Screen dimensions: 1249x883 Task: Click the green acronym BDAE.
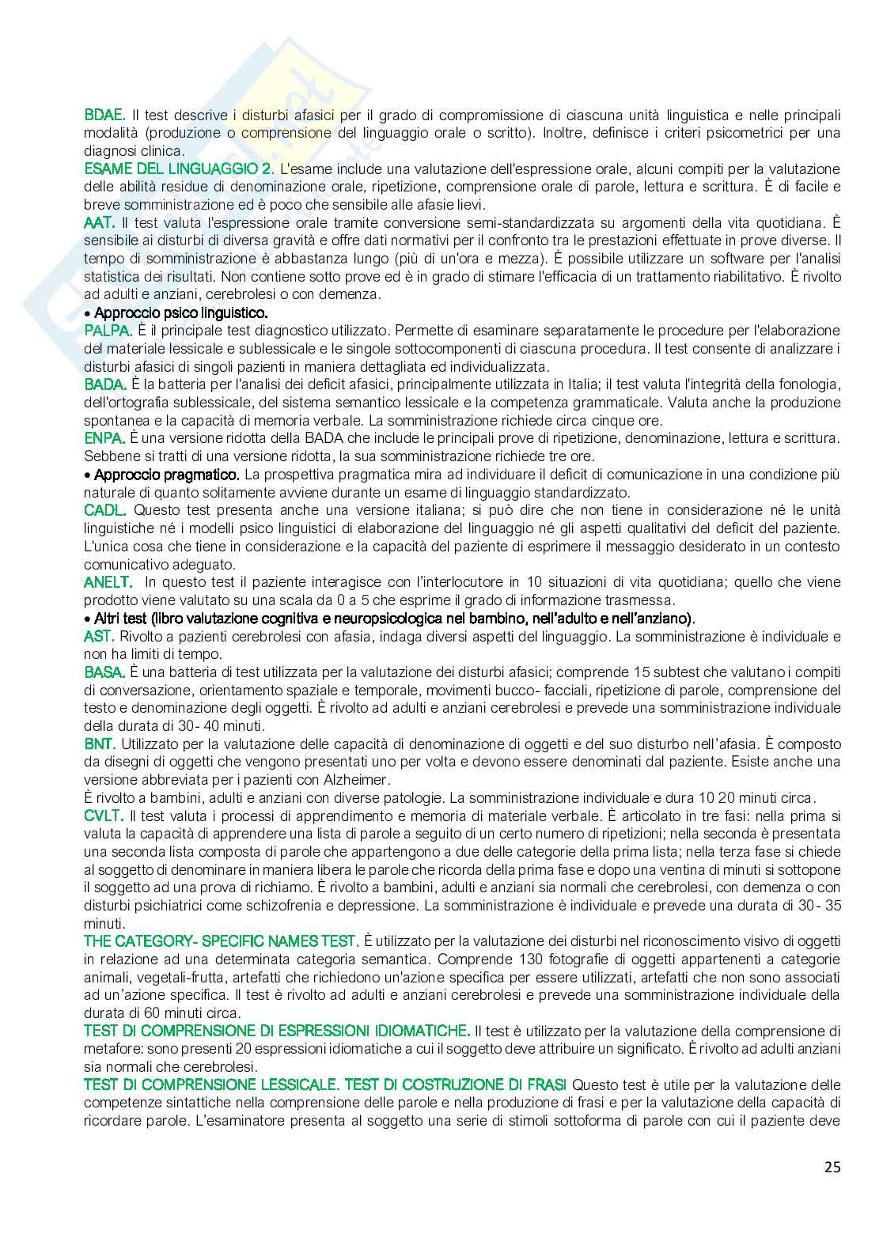tap(104, 115)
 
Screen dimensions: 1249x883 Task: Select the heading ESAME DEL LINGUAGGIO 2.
tap(180, 168)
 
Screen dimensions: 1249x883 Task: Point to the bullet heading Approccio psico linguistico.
tap(180, 312)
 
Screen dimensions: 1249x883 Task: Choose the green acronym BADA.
tap(105, 384)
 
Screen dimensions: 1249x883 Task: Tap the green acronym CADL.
tap(104, 510)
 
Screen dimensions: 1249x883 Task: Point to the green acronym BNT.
tap(100, 744)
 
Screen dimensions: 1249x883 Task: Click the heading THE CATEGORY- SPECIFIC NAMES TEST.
tap(222, 941)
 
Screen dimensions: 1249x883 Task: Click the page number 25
tap(832, 1167)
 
